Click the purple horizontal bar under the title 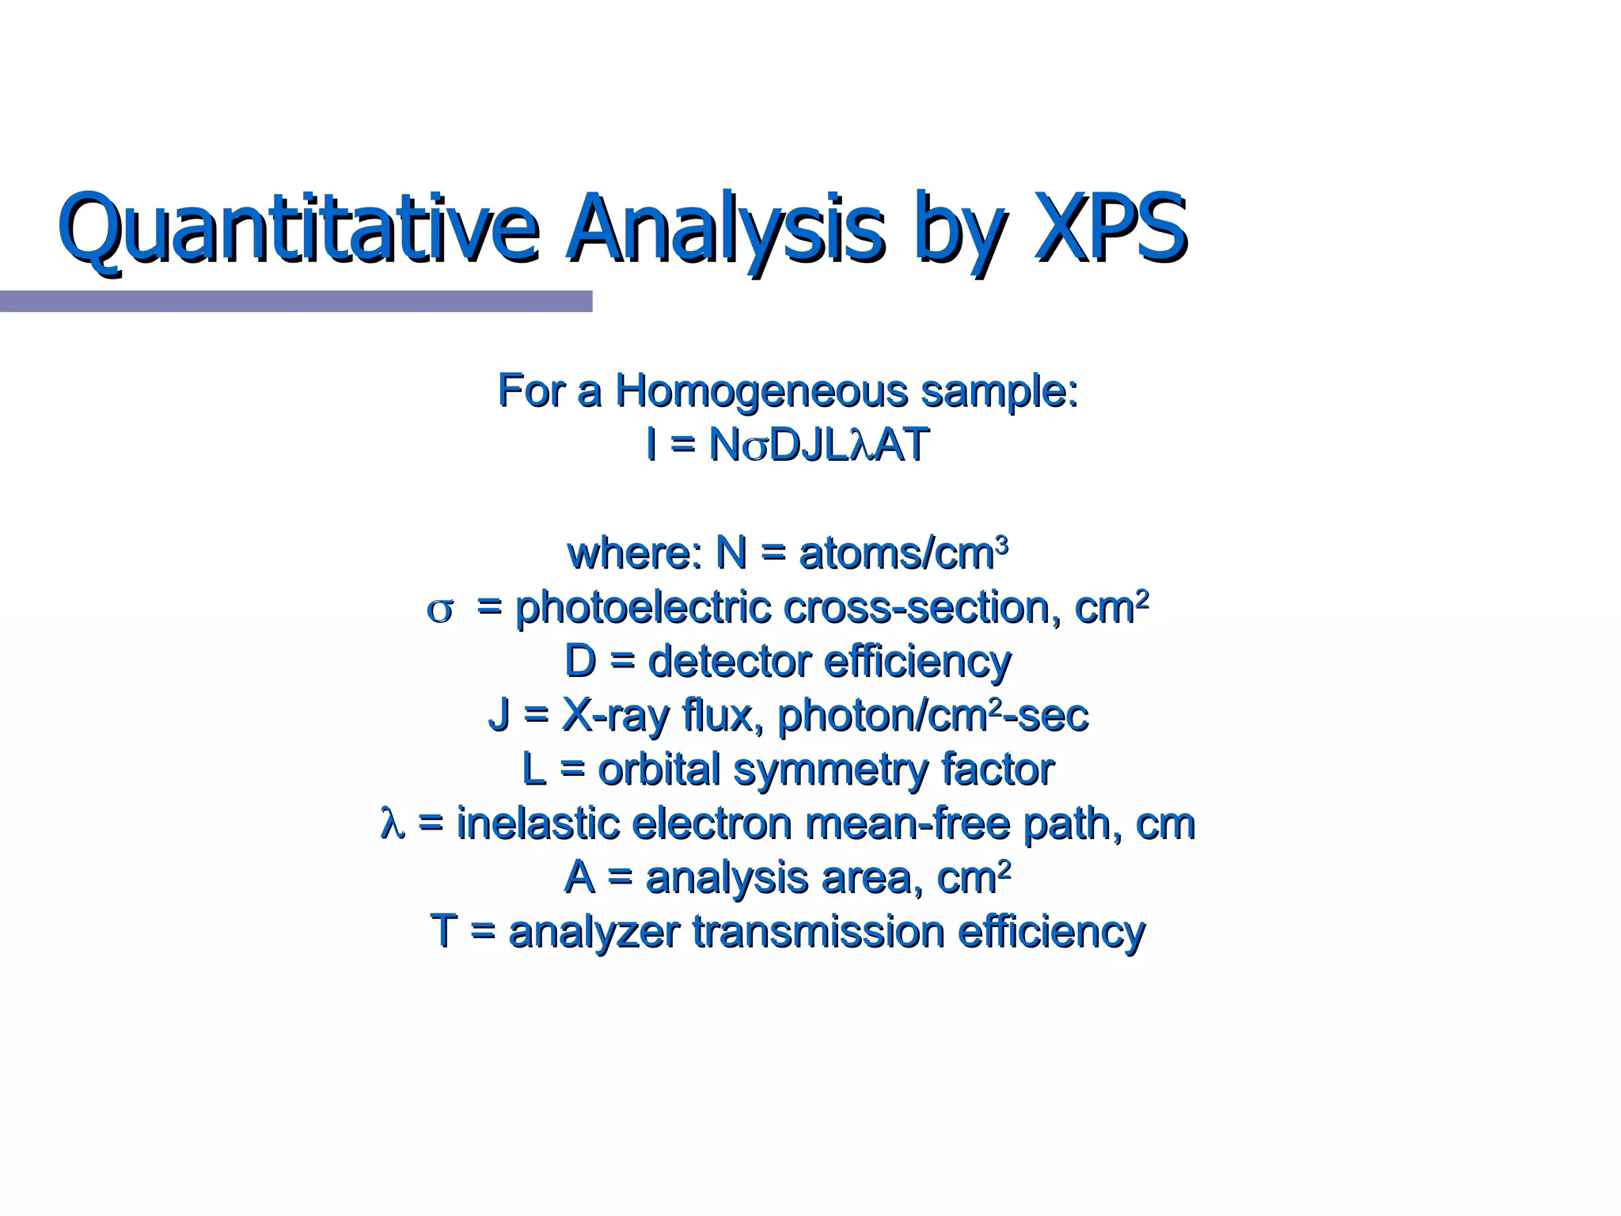coord(295,301)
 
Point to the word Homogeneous coord(761,391)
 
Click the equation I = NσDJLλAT coord(787,445)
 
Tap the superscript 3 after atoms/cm coord(1002,545)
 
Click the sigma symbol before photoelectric coord(440,610)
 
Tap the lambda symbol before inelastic coord(392,823)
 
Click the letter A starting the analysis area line coord(579,877)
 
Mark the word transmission coord(818,931)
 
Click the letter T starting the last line coord(443,931)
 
